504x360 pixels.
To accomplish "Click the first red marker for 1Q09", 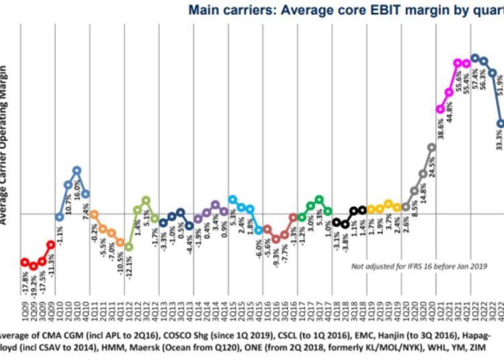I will (24, 262).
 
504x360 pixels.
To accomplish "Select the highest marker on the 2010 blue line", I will (77, 171).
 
